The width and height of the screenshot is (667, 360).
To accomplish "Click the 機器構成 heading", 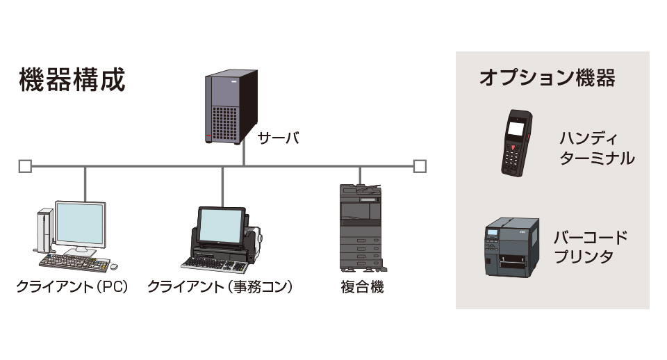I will (x=72, y=80).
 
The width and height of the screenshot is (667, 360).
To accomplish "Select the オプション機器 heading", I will (x=547, y=78).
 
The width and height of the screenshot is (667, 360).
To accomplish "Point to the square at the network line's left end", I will (x=25, y=166).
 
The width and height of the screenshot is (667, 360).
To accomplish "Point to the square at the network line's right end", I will (x=419, y=166).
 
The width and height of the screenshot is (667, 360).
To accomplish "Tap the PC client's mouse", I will (x=114, y=266).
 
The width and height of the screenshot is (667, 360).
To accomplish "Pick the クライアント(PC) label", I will (x=73, y=287).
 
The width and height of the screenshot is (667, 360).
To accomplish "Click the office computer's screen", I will (x=221, y=225).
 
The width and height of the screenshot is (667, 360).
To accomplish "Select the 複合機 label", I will (x=362, y=287).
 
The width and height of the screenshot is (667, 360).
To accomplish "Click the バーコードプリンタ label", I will (x=591, y=247).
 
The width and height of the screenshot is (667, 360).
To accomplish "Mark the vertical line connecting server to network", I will (x=244, y=156).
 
